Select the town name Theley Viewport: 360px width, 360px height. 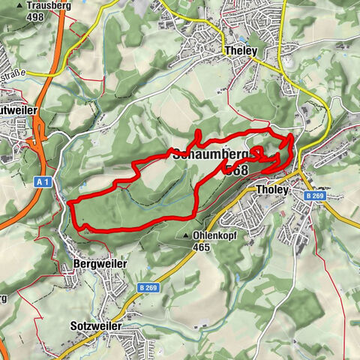coord(241,51)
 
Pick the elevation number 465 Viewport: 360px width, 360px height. coord(202,246)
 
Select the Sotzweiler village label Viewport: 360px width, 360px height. coord(95,327)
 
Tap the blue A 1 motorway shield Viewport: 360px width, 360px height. coord(43,181)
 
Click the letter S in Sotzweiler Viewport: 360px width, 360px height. coord(73,327)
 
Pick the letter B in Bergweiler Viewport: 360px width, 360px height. coord(77,264)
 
